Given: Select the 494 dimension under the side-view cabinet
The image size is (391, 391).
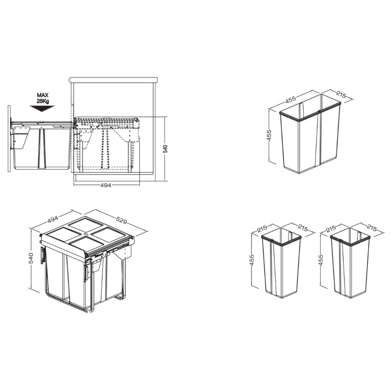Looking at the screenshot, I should [x=106, y=185].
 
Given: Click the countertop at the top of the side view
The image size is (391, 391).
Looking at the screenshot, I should [x=113, y=80].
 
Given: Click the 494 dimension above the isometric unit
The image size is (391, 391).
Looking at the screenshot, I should [x=53, y=220].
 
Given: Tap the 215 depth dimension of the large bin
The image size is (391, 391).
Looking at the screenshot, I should [x=342, y=94].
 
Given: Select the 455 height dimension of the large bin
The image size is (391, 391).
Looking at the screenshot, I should [x=269, y=135].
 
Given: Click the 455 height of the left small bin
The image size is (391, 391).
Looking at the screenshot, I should [x=252, y=260].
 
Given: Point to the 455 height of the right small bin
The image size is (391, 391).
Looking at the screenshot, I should [x=321, y=260].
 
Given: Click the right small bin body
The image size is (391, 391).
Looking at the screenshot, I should [x=350, y=270].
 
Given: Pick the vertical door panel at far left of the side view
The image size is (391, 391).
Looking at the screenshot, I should [x=9, y=139].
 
